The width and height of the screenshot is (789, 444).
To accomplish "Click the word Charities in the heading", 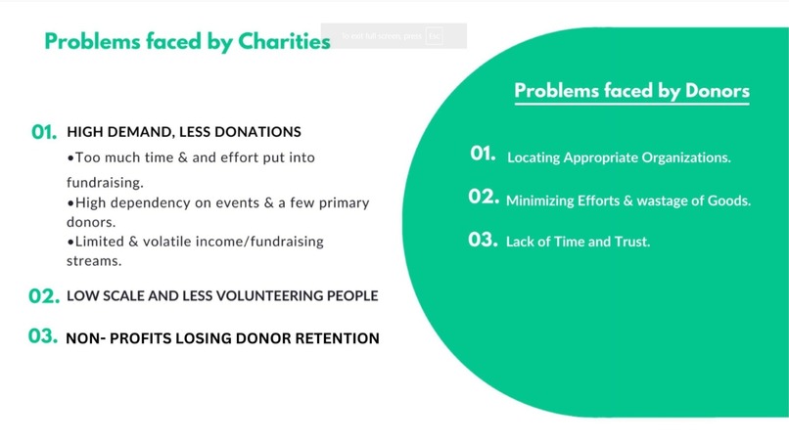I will [284, 42].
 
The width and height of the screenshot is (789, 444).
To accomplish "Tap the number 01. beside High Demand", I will [45, 132].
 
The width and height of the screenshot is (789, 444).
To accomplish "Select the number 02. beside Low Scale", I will [45, 295].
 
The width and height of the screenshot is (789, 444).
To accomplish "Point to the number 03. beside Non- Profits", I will [45, 337].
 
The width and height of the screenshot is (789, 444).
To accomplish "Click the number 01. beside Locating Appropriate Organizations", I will [484, 155].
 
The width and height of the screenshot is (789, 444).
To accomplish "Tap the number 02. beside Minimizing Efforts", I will [484, 198].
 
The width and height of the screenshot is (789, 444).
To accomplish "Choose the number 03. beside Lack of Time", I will [484, 240].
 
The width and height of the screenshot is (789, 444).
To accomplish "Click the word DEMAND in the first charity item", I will [138, 132].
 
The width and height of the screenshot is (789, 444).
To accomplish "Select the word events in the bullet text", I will [224, 202].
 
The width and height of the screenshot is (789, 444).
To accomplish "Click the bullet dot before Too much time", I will [70, 157].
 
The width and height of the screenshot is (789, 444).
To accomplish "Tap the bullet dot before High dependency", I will [70, 202].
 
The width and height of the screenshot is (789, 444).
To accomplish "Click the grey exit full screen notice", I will [394, 36].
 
